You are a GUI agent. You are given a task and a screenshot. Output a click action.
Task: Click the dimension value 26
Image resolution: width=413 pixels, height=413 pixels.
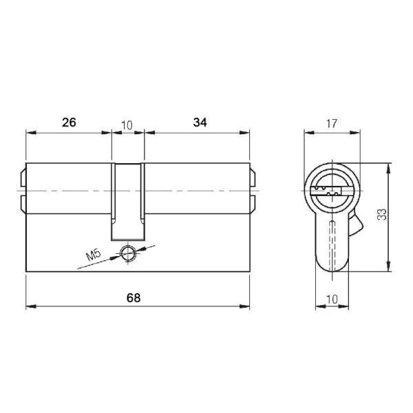tap(69, 123)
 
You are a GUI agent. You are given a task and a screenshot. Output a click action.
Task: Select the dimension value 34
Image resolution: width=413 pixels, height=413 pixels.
tap(200, 123)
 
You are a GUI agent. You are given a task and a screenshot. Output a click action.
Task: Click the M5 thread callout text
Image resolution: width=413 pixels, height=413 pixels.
tap(94, 257)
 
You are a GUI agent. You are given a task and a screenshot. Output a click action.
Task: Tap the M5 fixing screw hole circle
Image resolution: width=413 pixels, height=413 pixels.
tap(127, 253)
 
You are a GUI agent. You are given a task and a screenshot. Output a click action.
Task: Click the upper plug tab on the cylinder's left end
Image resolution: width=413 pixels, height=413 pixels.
tap(23, 178)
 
